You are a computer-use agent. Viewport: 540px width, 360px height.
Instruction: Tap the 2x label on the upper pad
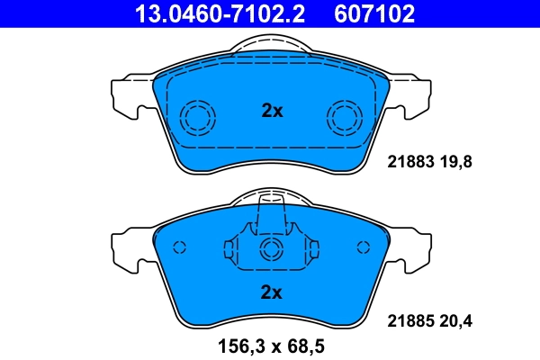(272, 112)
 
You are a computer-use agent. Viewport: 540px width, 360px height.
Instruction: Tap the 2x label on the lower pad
(272, 292)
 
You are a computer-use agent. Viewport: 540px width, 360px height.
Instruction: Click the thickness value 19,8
(454, 163)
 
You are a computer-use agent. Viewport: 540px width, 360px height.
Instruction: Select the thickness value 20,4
(454, 319)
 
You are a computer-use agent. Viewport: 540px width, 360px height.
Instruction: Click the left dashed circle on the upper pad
(198, 116)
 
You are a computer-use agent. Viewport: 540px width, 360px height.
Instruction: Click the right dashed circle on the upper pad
(345, 116)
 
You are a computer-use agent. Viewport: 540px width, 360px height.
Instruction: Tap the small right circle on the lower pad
(364, 247)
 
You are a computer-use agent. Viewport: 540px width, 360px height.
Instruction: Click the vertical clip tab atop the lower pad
(271, 216)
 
